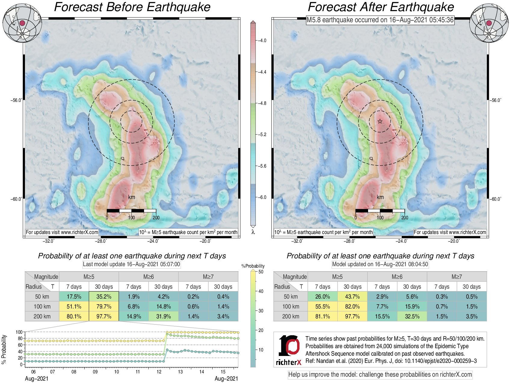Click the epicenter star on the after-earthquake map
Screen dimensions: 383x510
tap(380, 121)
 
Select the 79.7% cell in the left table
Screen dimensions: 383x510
tap(104, 306)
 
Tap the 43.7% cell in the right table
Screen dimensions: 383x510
tap(352, 296)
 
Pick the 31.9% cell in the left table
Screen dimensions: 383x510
tap(163, 316)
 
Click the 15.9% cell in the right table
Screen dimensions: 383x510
tap(412, 306)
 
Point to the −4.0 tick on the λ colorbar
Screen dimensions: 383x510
tap(262, 41)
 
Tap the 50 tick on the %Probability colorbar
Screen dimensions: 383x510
tap(261, 272)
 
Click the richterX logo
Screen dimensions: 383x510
tap(289, 350)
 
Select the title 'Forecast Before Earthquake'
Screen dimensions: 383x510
tap(132, 7)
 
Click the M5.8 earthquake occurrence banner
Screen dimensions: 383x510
tap(380, 20)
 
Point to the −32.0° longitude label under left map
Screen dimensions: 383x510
tap(48, 241)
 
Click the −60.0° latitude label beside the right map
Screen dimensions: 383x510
tap(496, 199)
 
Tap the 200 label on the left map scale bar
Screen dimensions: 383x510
tap(156, 217)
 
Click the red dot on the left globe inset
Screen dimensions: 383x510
tap(22, 23)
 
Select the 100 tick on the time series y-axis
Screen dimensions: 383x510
tap(19, 332)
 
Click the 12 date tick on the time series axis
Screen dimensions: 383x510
tap(159, 372)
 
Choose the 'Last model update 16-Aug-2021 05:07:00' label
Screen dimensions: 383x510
tap(131, 264)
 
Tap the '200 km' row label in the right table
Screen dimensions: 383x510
tap(290, 316)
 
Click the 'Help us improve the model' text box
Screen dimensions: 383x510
tap(380, 375)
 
